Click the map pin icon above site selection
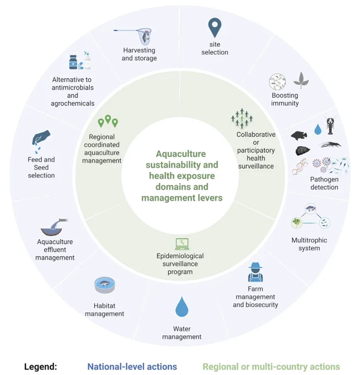tap(214, 27)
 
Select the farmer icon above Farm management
tap(255, 272)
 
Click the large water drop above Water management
tap(182, 307)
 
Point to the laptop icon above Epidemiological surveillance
tap(182, 244)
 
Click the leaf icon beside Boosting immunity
tap(301, 80)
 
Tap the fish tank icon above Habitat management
tap(105, 285)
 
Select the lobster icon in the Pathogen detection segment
tap(330, 126)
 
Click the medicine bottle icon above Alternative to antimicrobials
tap(73, 62)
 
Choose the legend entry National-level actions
tap(132, 367)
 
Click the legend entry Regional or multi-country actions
tap(271, 367)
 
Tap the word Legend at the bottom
tap(40, 367)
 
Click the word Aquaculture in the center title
tap(181, 154)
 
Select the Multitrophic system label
tap(309, 244)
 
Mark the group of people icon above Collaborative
tap(242, 119)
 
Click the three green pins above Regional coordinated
tap(108, 121)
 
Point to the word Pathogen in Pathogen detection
tap(324, 179)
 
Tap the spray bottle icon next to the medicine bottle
tap(87, 60)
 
